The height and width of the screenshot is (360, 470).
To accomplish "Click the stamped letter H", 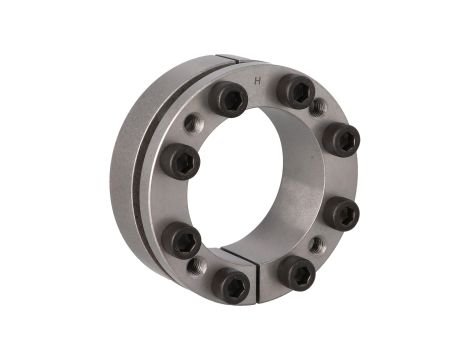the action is click(x=257, y=81).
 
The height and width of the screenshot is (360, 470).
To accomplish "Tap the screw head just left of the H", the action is click(x=228, y=99).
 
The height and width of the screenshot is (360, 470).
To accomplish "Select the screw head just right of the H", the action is click(x=296, y=91).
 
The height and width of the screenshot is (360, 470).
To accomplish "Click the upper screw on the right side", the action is click(x=342, y=140).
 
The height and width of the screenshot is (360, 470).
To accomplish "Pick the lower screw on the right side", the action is click(x=341, y=212).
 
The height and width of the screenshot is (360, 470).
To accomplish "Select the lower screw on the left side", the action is click(x=181, y=240).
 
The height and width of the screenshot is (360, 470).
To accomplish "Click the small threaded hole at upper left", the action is click(x=193, y=122).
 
